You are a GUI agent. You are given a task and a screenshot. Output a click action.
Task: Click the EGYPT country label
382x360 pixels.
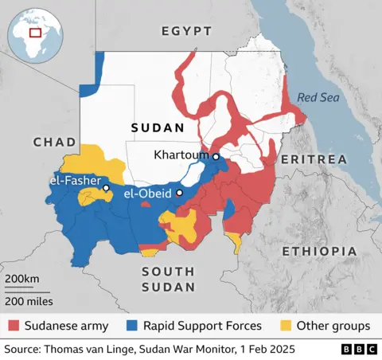tap(186, 31)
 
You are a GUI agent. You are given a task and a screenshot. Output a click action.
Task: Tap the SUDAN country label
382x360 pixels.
tap(158, 127)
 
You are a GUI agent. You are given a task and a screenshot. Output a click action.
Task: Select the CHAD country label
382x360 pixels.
tap(55, 141)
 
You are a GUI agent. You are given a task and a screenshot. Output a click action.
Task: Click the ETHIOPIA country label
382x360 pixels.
tap(319, 251)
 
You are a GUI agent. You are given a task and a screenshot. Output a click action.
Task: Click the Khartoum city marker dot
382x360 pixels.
tap(215, 157)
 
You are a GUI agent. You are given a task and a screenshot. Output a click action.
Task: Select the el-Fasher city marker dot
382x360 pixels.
tap(106, 188)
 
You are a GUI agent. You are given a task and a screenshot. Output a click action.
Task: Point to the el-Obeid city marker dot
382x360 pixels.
tap(180, 193)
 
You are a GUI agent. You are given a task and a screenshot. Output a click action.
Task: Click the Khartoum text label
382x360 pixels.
tap(181, 155)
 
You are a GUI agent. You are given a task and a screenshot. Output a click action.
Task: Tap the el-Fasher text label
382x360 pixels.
tap(73, 182)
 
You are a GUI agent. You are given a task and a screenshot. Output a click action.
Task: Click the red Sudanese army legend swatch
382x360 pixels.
tap(14, 326)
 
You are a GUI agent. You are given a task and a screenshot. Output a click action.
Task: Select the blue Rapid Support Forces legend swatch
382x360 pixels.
tap(132, 326)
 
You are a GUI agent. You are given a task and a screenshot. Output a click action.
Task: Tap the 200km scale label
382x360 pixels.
tap(21, 278)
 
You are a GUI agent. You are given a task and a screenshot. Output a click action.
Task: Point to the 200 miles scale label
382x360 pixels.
tap(29, 301)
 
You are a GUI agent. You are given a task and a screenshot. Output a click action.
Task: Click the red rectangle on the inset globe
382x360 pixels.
tap(35, 33)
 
